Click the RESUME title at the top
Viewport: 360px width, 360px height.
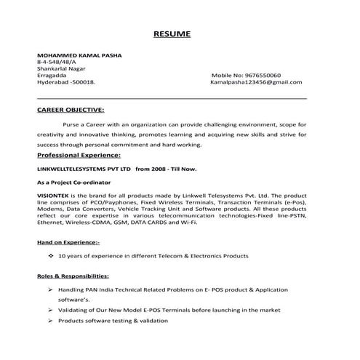tap(172, 34)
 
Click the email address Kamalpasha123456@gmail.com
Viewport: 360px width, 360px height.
tap(255, 83)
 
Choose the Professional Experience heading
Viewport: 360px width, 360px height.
tap(79, 156)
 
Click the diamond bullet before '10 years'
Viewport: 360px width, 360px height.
tap(50, 256)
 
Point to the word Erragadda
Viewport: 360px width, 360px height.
tap(51, 76)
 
